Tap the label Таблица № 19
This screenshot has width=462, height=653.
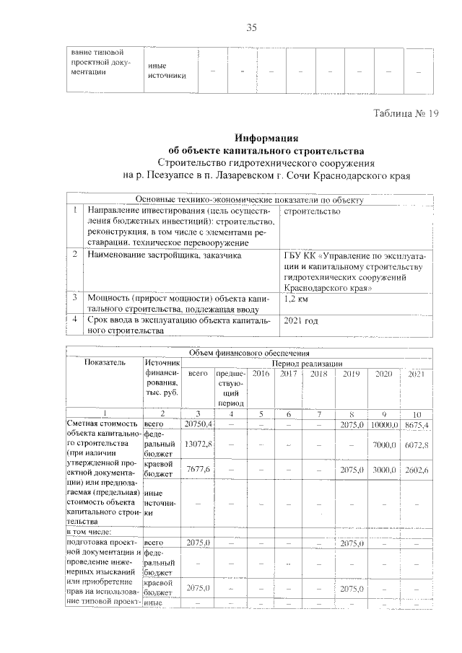tap(406, 113)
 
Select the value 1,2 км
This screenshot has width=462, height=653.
tap(298, 297)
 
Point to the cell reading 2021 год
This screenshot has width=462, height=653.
tap(302, 320)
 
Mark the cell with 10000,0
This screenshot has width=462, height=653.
tap(383, 424)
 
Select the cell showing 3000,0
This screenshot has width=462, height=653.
tap(383, 469)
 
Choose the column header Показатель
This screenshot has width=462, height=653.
tap(104, 363)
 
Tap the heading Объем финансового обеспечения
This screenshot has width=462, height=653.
tap(249, 353)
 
